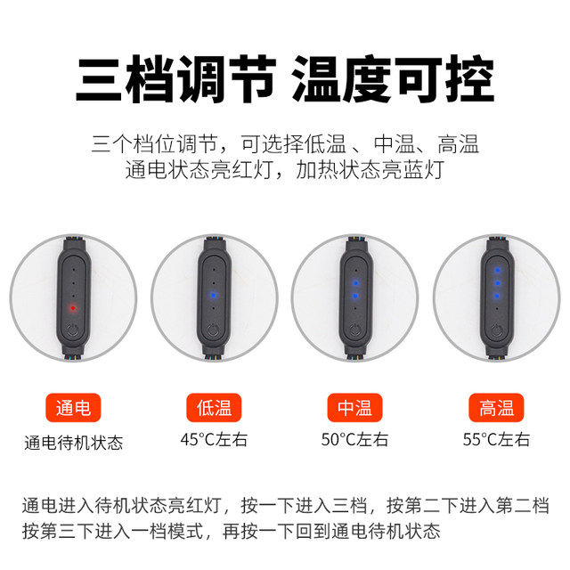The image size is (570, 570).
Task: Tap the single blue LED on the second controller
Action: tap(214, 295)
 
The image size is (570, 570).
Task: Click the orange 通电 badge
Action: tap(73, 409)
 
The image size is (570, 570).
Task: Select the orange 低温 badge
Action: tap(214, 409)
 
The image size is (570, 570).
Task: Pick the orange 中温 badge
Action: tap(354, 409)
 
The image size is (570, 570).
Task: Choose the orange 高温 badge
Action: tap(496, 409)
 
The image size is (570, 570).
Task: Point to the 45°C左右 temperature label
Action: tap(214, 439)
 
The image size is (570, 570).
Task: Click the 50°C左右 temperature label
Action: tap(354, 439)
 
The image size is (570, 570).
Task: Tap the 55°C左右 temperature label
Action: tap(496, 439)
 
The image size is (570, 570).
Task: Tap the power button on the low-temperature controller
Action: tap(214, 330)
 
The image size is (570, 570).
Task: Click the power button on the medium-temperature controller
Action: tap(354, 330)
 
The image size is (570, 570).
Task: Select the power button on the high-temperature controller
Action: tap(496, 330)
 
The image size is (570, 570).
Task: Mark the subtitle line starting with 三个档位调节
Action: tap(285, 143)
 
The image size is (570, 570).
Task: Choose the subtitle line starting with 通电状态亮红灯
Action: tap(285, 171)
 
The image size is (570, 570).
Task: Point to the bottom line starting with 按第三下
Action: tap(231, 533)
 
